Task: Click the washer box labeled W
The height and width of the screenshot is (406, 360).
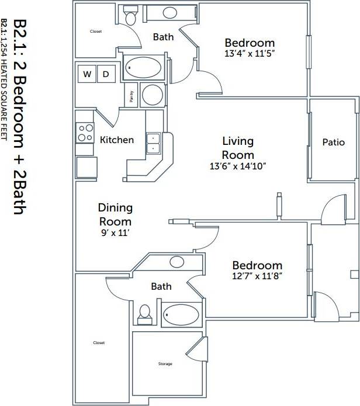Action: click(87, 74)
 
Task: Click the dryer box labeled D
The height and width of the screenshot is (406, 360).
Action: click(106, 74)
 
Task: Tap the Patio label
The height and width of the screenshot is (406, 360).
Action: click(333, 142)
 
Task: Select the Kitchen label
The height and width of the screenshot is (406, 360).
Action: click(117, 140)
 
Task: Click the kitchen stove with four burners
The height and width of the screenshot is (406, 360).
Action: click(85, 133)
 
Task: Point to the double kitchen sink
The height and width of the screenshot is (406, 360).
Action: click(153, 143)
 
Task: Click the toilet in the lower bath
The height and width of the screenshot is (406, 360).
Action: click(144, 315)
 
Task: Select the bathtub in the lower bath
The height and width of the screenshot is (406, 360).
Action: click(182, 315)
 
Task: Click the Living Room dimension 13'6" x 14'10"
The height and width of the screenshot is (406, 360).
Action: click(237, 166)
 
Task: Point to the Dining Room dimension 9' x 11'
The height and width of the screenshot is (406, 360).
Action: click(115, 233)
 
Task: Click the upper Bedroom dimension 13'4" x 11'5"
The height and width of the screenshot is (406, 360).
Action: click(250, 54)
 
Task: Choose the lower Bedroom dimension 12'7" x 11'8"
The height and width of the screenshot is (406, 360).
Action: click(257, 276)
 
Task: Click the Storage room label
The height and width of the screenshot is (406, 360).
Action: click(165, 364)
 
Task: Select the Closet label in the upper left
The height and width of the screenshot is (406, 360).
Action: click(96, 32)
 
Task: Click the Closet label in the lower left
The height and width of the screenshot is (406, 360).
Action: click(99, 343)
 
